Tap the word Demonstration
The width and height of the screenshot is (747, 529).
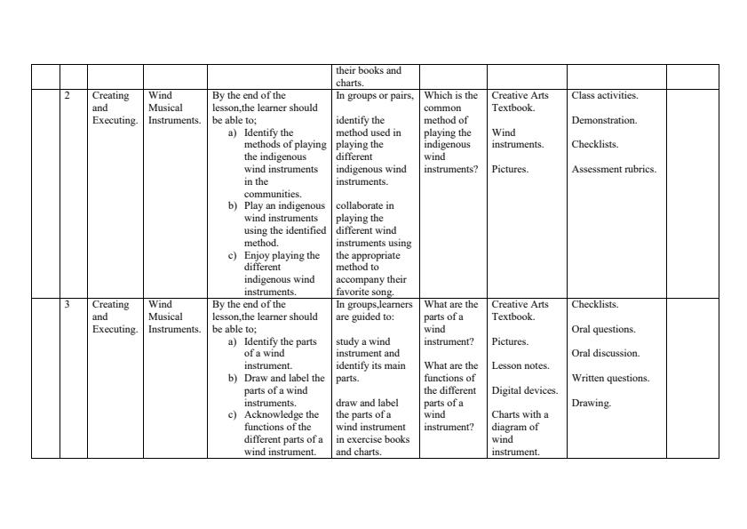click(x=604, y=120)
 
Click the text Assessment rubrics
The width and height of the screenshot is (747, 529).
click(x=614, y=169)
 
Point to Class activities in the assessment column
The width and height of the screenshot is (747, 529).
click(x=605, y=95)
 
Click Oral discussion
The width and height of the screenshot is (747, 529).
click(x=606, y=353)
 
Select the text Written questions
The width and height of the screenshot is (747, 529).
click(x=610, y=378)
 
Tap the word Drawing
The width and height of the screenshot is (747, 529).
click(x=591, y=403)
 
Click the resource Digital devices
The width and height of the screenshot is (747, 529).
click(x=524, y=390)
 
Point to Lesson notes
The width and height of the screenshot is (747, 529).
click(x=521, y=365)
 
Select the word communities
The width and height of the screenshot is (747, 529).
click(x=273, y=194)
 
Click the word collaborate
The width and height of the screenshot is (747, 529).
click(x=365, y=205)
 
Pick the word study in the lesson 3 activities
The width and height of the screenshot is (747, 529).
click(x=348, y=341)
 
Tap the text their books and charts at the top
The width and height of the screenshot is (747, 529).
click(x=368, y=76)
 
